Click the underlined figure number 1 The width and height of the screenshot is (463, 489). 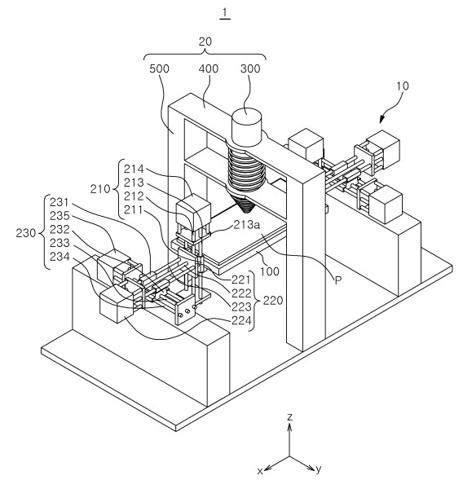225,13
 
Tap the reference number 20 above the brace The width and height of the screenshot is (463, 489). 205,42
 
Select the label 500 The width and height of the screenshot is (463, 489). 159,68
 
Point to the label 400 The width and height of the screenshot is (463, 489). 209,68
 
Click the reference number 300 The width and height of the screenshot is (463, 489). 250,68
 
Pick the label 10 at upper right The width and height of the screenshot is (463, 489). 403,86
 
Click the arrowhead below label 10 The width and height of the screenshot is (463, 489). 382,119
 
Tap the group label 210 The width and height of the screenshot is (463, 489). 100,189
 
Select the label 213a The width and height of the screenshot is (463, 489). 247,225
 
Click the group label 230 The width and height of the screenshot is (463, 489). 26,233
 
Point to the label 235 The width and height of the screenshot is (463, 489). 60,216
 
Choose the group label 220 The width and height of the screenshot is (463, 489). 273,301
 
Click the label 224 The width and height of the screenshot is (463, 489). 241,320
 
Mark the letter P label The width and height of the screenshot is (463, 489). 338,280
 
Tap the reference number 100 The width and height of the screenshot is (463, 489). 270,271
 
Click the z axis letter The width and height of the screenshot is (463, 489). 290,417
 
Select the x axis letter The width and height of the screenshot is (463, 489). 260,471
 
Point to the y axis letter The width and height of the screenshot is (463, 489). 318,469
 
